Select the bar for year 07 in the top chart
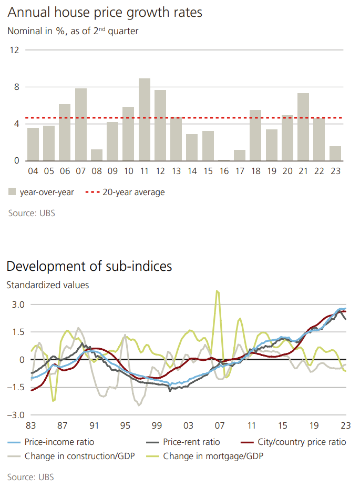pos(81,125)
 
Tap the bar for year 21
pos(303,127)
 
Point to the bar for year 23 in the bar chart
pos(335,154)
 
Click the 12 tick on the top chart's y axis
pos(14,50)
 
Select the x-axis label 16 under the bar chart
pos(224,171)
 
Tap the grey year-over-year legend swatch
pos(12,192)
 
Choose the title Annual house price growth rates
pos(105,13)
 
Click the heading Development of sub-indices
pos(89,266)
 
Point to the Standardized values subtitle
pos(48,285)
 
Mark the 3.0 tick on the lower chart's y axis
pos(18,305)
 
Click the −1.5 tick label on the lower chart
pos(16,387)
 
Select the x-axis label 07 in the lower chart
pos(219,425)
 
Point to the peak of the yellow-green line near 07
pos(217,291)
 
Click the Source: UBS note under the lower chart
pos(30,477)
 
